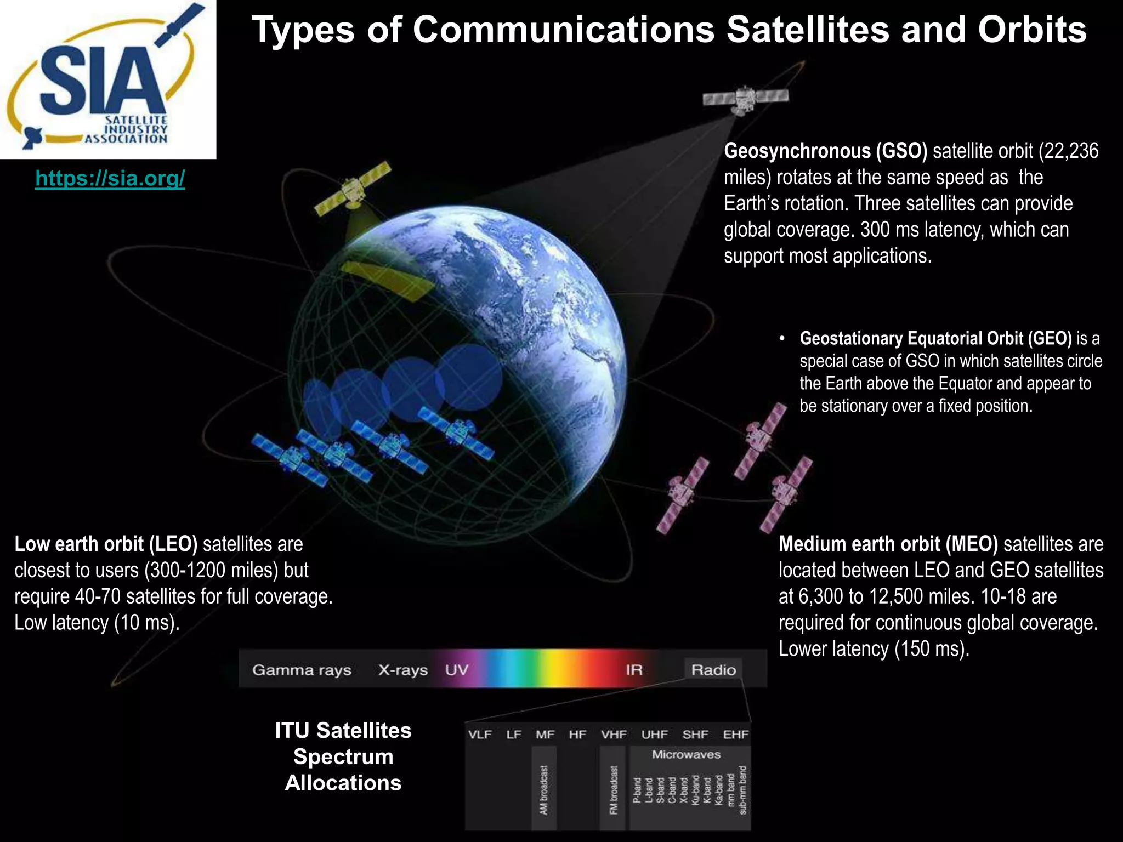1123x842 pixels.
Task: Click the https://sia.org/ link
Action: click(110, 178)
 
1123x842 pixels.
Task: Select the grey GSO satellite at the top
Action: click(745, 99)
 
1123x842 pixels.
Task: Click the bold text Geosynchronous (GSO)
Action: click(825, 151)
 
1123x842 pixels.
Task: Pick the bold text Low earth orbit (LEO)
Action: click(105, 544)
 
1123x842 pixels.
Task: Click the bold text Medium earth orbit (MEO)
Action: click(888, 544)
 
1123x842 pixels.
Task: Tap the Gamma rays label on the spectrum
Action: click(302, 670)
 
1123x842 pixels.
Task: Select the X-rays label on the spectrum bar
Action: click(402, 670)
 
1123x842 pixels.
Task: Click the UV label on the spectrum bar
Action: click(456, 670)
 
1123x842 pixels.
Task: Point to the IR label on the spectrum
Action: click(634, 670)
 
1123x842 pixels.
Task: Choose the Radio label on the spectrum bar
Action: click(713, 670)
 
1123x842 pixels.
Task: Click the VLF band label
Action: click(480, 735)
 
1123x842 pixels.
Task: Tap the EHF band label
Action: click(735, 735)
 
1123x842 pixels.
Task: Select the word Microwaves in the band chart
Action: click(686, 755)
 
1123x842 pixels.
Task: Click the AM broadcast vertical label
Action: click(543, 790)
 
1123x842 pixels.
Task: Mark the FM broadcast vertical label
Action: click(614, 790)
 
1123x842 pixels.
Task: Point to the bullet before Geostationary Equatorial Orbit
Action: click(782, 339)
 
